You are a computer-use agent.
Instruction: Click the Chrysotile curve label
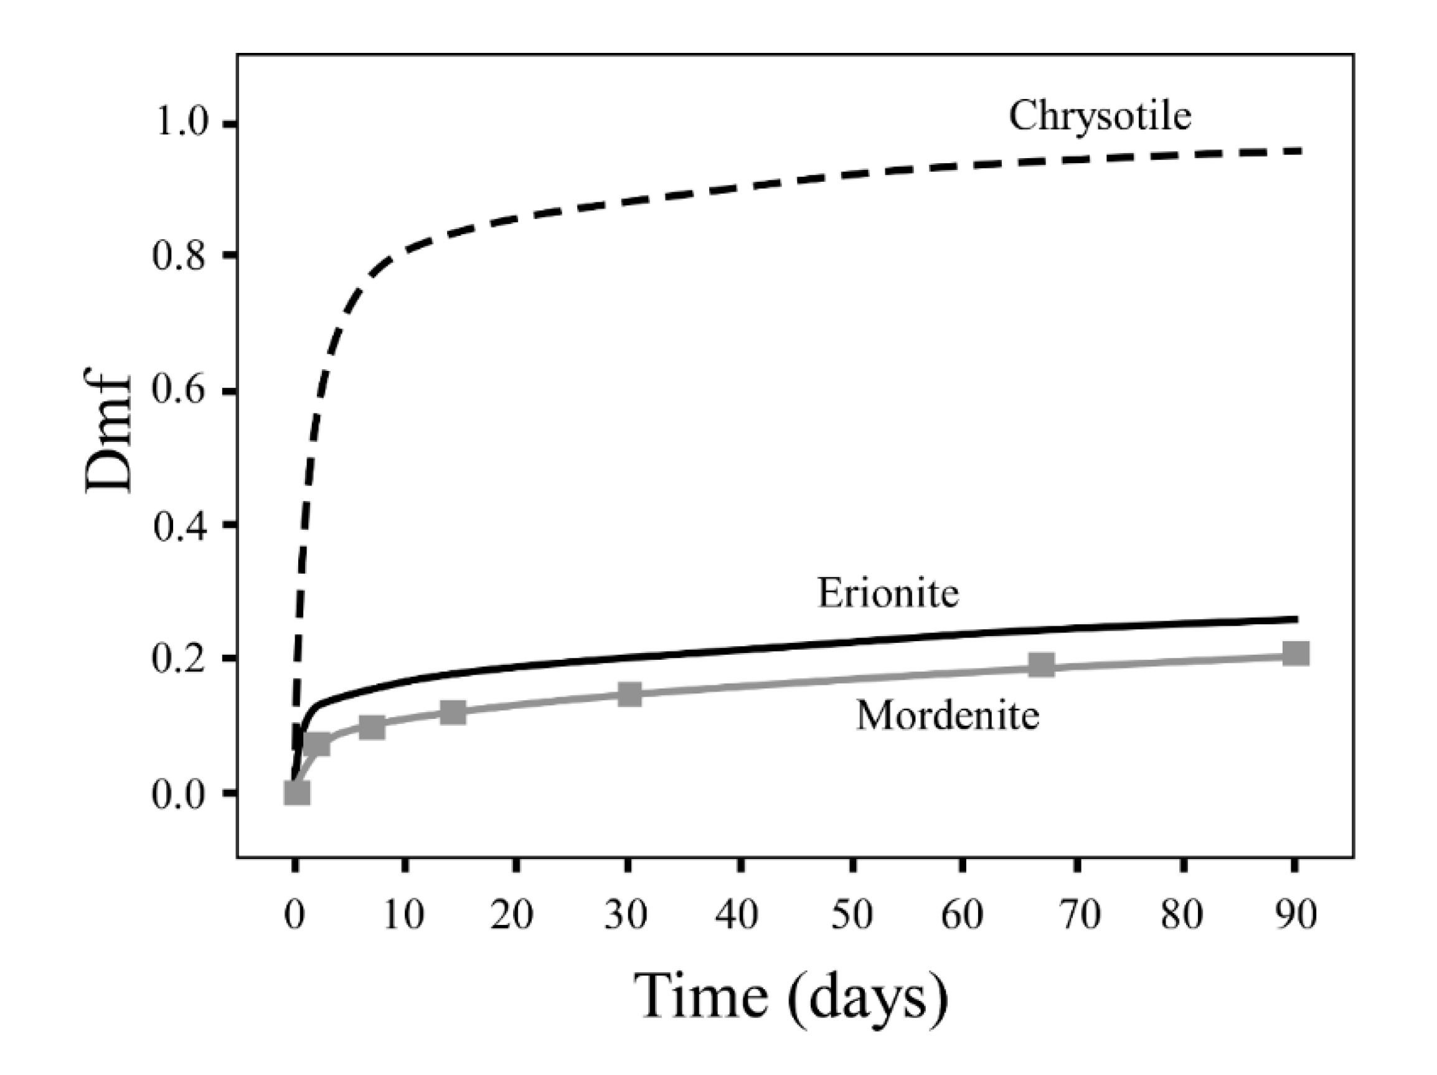click(x=1100, y=117)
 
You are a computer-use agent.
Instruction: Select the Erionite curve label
click(x=887, y=593)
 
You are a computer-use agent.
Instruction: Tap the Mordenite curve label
click(x=948, y=716)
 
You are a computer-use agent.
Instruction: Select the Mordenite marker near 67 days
click(x=1042, y=665)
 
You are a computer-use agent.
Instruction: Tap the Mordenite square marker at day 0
click(x=297, y=793)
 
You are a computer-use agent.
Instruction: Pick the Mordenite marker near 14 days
click(x=453, y=713)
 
